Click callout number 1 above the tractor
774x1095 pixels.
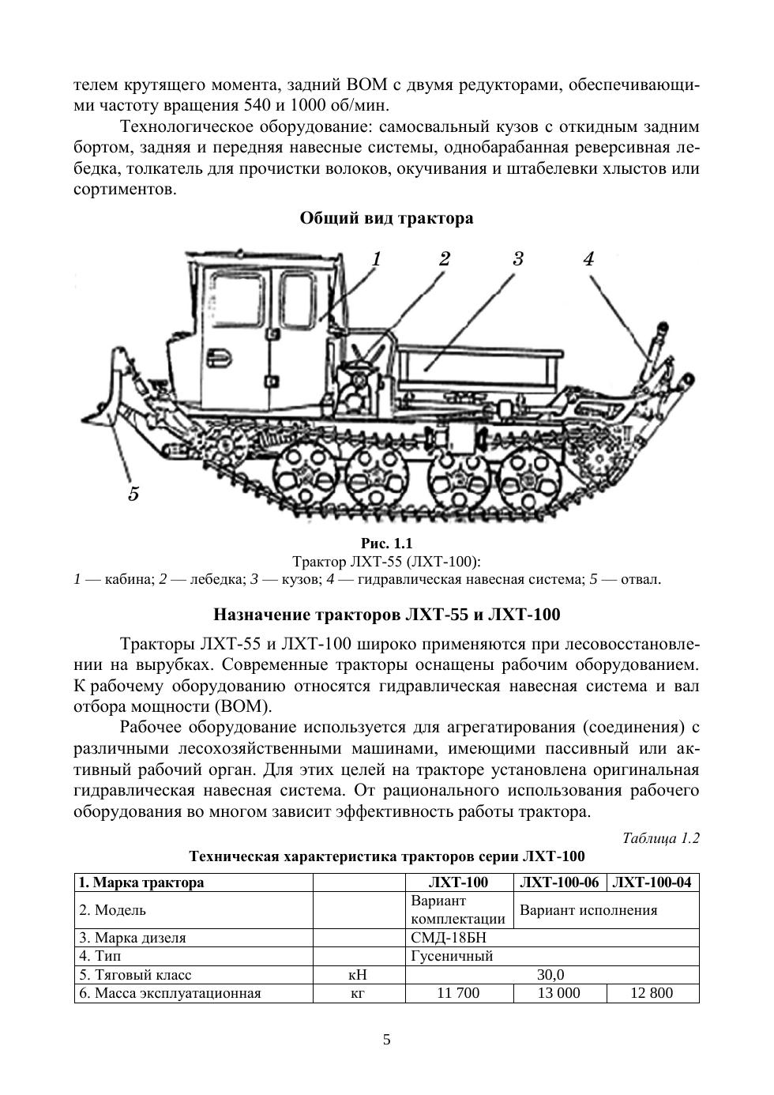(377, 258)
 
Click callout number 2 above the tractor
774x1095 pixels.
(445, 258)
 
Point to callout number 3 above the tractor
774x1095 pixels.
(518, 258)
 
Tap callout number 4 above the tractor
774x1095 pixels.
(588, 258)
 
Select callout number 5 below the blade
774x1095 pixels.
(133, 494)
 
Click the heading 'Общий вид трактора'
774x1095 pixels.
(386, 218)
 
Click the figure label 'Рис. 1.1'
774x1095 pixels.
(386, 544)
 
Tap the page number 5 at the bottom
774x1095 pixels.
(386, 1040)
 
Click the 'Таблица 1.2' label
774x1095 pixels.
(660, 838)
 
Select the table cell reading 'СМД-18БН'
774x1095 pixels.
(449, 938)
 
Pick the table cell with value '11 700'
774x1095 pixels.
(458, 993)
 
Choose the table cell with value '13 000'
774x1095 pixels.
(559, 993)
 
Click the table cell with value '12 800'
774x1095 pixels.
(652, 993)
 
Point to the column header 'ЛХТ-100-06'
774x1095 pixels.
(560, 882)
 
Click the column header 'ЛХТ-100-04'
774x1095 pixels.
(652, 882)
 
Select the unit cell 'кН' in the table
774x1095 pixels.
(358, 975)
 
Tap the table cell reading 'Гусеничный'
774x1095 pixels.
(452, 956)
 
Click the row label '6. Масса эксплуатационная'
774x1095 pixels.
(170, 993)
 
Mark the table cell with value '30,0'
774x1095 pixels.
(550, 975)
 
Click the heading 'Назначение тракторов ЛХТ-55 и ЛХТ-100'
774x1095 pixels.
(386, 615)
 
